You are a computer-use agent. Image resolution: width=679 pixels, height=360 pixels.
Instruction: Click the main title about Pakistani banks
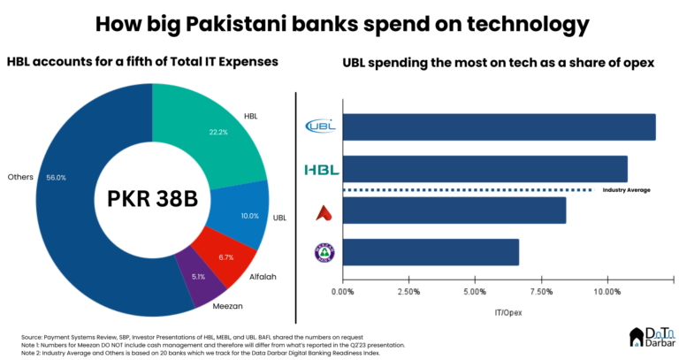point(340,22)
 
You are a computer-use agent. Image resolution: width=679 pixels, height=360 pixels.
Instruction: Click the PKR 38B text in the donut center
point(153,198)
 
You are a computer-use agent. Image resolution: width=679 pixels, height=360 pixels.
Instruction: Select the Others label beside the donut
point(20,177)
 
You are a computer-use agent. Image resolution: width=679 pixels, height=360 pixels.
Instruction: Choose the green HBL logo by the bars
point(321,169)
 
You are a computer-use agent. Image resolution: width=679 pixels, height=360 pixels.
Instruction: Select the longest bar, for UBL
point(499,127)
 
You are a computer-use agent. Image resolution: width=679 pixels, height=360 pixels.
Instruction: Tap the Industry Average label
point(627,189)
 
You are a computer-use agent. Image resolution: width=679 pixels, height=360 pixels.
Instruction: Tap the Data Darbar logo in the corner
point(652,336)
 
